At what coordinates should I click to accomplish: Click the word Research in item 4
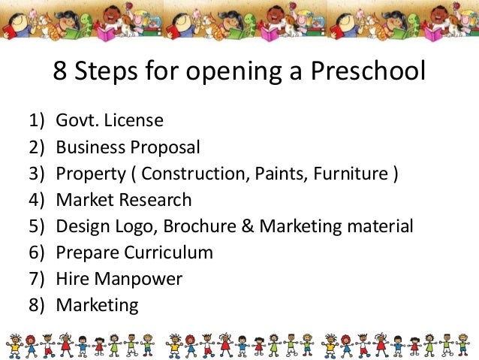coord(158,200)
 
